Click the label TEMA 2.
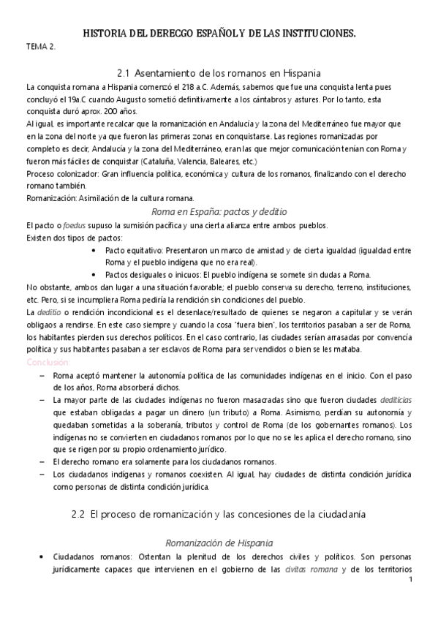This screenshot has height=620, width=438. pyautogui.click(x=40, y=46)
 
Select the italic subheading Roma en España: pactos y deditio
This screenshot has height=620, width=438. pyautogui.click(x=219, y=211)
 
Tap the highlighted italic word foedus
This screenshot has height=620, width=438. pyautogui.click(x=69, y=224)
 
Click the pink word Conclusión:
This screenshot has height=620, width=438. pyautogui.click(x=48, y=362)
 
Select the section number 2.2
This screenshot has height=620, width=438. pyautogui.click(x=80, y=514)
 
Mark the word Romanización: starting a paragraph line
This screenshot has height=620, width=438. pyautogui.click(x=48, y=198)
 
